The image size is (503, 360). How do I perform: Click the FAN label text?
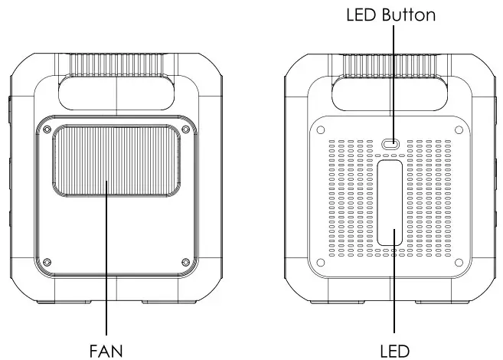[x=106, y=350]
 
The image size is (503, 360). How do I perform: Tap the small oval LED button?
[x=392, y=143]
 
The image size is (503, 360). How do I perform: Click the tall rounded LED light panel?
[x=391, y=203]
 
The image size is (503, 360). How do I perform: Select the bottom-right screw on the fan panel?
[x=185, y=263]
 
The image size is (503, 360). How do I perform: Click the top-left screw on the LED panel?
[x=321, y=129]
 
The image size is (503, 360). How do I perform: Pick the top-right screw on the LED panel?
[x=458, y=129]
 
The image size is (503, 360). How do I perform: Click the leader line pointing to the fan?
[x=106, y=306]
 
